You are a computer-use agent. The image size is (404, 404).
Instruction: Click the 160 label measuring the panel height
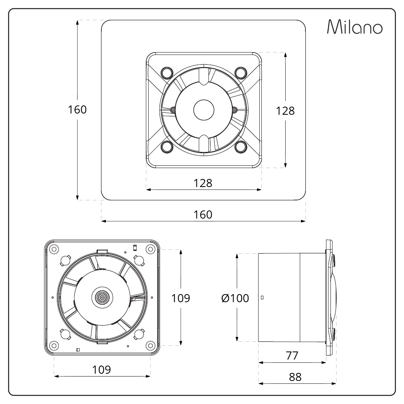click(x=78, y=109)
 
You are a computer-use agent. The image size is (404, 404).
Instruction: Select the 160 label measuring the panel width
click(x=203, y=215)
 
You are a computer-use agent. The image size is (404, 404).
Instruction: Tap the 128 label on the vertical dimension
click(x=285, y=111)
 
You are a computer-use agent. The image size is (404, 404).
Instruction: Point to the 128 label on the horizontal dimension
click(x=203, y=183)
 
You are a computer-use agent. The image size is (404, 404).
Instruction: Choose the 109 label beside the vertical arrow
click(x=181, y=298)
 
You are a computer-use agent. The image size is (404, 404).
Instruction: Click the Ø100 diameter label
click(x=235, y=299)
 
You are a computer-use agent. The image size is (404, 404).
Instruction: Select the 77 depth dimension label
click(x=292, y=356)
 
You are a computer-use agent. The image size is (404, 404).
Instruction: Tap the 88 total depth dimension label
click(x=295, y=377)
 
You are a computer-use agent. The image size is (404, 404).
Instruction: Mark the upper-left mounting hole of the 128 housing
click(x=166, y=72)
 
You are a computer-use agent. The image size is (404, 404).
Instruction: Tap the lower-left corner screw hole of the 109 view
click(x=53, y=346)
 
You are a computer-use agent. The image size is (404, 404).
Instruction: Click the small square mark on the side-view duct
click(x=263, y=298)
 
